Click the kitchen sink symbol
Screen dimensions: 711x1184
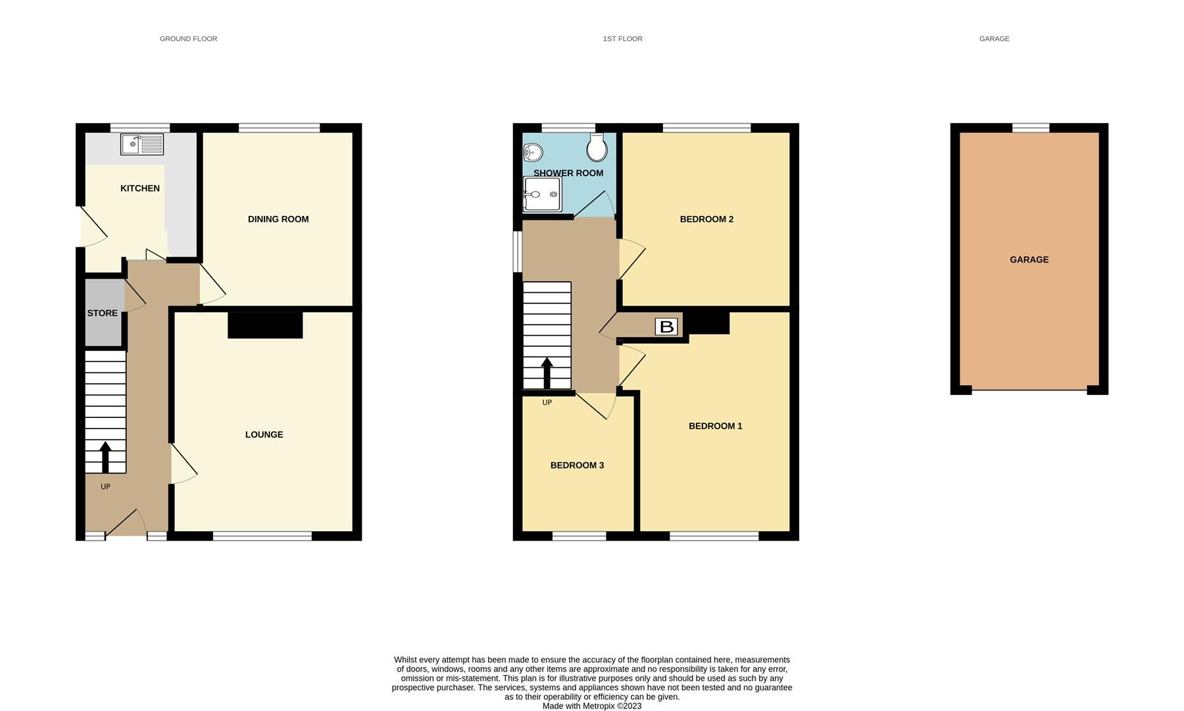[x=142, y=144]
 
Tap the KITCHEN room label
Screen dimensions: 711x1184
[x=140, y=188]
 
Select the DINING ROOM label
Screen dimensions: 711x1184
[x=278, y=219]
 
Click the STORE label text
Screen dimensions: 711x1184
[x=103, y=313]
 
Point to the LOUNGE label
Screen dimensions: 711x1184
[x=264, y=434]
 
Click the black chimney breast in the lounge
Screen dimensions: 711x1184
[x=265, y=325]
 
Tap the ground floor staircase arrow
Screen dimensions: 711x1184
[x=105, y=456]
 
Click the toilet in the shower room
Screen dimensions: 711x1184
[x=597, y=148]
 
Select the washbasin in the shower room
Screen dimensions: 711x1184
[x=533, y=153]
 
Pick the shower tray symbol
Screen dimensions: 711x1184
[x=543, y=194]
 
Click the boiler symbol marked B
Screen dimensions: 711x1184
[x=666, y=327]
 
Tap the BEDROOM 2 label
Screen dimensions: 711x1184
[x=706, y=219]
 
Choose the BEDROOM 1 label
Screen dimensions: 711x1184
[x=716, y=426]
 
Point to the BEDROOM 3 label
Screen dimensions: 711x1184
[x=577, y=465]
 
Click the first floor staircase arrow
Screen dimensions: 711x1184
[x=547, y=373]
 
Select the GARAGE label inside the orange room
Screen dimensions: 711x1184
[x=1029, y=260]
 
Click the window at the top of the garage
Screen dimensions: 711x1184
[x=1031, y=128]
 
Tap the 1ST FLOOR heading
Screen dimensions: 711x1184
[x=623, y=39]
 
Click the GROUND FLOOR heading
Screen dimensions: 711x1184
[x=188, y=39]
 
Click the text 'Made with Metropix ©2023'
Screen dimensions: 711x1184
[x=592, y=706]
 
